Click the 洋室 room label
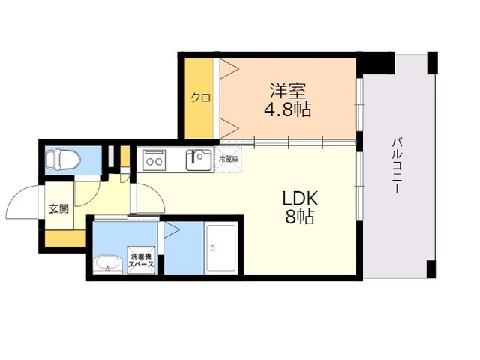pos(288,91)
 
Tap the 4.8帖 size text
pos(288,109)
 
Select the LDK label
pos(300,199)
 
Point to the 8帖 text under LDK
pos(300,217)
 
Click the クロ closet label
pos(200,97)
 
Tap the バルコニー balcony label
pos(397,166)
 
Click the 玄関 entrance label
pos(59,208)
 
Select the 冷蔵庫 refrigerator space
pos(228,160)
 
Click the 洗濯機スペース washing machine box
pos(141,260)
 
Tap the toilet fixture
pos(62,160)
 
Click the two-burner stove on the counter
pos(154,160)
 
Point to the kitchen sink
pos(199,160)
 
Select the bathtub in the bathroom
pos(221,248)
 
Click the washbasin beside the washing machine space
pos(107,264)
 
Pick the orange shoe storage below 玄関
pos(65,238)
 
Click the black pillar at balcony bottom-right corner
pos(431,269)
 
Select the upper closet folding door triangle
pos(229,69)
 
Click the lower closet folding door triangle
pos(229,127)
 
